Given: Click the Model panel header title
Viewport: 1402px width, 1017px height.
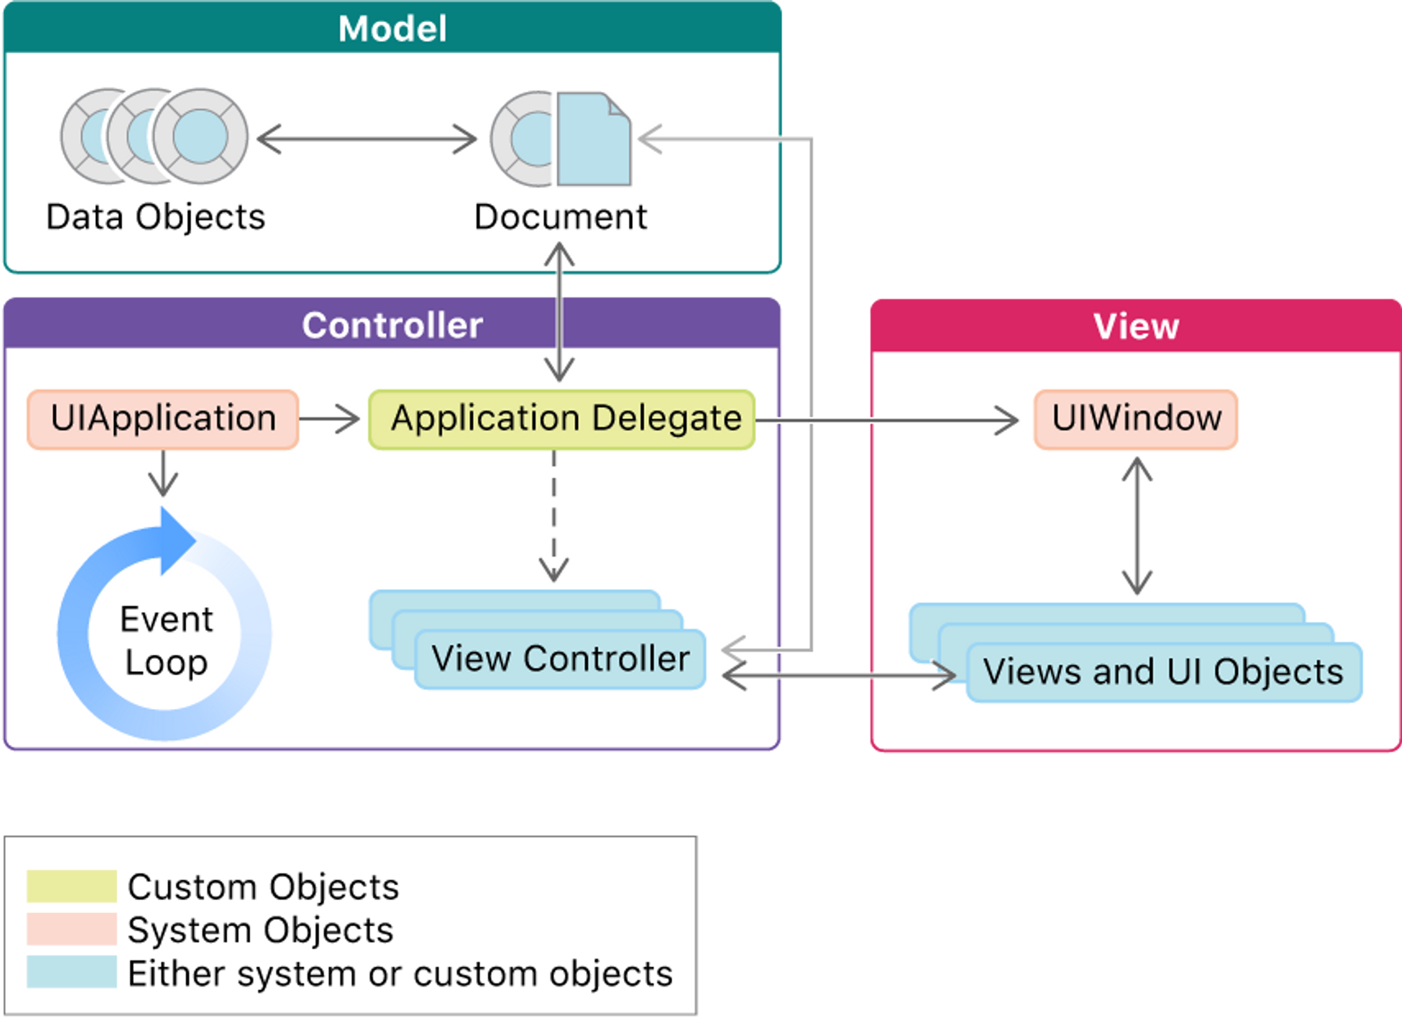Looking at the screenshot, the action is tap(393, 29).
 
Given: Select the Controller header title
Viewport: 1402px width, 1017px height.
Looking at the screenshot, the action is tap(393, 325).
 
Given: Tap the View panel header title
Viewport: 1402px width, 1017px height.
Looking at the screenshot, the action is tap(1136, 326).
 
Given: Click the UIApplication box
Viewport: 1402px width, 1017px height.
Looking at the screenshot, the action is tap(162, 419).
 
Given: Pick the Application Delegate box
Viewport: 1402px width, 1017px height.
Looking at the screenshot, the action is tap(562, 419).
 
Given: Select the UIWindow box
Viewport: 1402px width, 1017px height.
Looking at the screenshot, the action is tap(1136, 419).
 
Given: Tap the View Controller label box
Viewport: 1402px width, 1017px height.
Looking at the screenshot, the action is tap(560, 659).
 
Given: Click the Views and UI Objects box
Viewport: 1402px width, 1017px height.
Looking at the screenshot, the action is tap(1164, 672).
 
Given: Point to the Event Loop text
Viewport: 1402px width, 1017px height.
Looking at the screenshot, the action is tap(166, 641).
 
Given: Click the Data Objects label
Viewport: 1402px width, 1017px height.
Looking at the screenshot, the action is tap(156, 217).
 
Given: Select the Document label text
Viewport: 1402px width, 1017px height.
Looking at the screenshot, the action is tap(561, 217).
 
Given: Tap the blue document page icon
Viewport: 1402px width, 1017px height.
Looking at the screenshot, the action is tap(594, 138).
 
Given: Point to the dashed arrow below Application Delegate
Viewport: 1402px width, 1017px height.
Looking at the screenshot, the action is tap(554, 516).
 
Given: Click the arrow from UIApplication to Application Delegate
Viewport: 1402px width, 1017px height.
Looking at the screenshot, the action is tap(330, 419).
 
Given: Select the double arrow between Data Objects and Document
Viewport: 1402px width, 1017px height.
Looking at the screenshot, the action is tap(366, 138).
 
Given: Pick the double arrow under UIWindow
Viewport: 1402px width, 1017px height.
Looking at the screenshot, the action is tap(1136, 526).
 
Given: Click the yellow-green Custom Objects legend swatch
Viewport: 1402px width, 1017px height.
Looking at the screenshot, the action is tap(71, 886).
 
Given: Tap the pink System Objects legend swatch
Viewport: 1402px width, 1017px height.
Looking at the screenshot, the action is tap(71, 928).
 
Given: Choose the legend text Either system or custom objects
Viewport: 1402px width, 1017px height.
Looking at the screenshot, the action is tap(400, 974).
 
